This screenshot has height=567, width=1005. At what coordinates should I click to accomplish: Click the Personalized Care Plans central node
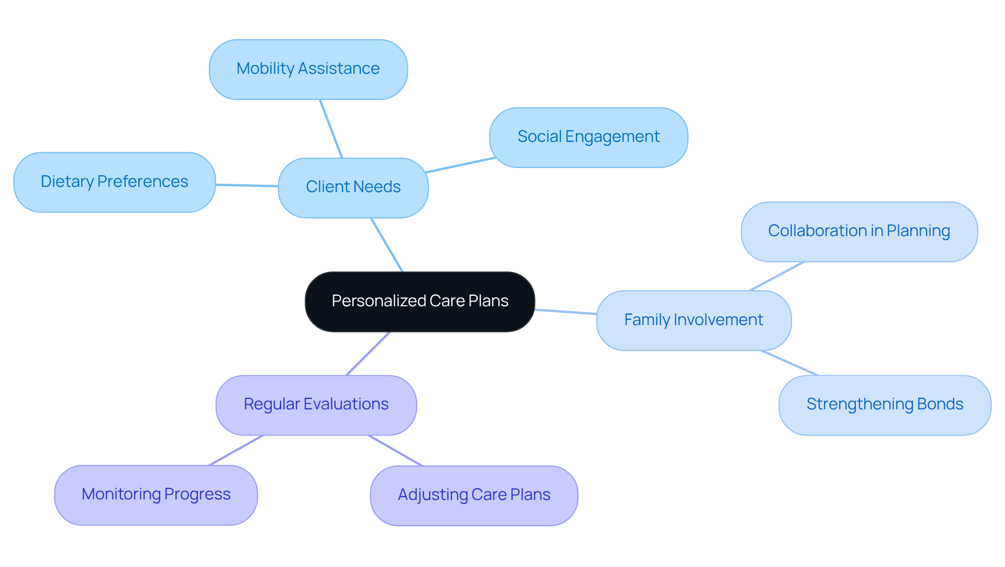pyautogui.click(x=420, y=302)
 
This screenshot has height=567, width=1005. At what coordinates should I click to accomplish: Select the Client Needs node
pyautogui.click(x=353, y=187)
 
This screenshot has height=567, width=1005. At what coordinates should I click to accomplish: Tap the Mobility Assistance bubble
pyautogui.click(x=308, y=69)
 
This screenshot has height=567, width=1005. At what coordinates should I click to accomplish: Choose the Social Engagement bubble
pyautogui.click(x=588, y=137)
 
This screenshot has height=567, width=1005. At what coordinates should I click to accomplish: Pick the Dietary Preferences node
pyautogui.click(x=114, y=182)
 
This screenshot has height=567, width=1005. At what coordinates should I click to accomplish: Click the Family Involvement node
pyautogui.click(x=694, y=320)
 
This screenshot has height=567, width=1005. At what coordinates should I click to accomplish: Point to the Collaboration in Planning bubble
pyautogui.click(x=859, y=231)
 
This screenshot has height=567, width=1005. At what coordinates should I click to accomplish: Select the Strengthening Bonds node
pyautogui.click(x=885, y=405)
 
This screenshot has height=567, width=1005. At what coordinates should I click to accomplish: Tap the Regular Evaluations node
pyautogui.click(x=316, y=405)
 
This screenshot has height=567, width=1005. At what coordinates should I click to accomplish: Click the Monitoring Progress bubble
pyautogui.click(x=156, y=495)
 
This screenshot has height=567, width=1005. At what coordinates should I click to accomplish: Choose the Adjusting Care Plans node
pyautogui.click(x=474, y=495)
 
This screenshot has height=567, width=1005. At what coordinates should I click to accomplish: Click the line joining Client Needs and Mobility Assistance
pyautogui.click(x=331, y=128)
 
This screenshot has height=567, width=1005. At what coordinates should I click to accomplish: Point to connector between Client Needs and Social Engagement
pyautogui.click(x=461, y=165)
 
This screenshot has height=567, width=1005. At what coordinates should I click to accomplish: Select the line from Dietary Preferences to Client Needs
pyautogui.click(x=247, y=185)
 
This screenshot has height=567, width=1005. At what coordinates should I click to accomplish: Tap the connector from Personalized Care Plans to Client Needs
pyautogui.click(x=387, y=244)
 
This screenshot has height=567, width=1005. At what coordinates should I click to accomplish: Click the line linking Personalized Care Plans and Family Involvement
pyautogui.click(x=565, y=312)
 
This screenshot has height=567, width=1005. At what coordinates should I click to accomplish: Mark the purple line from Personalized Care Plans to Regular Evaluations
pyautogui.click(x=368, y=353)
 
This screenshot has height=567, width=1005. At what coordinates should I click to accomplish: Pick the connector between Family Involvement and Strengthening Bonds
pyautogui.click(x=789, y=363)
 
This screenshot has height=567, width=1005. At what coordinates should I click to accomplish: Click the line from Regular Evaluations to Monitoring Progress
pyautogui.click(x=236, y=450)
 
